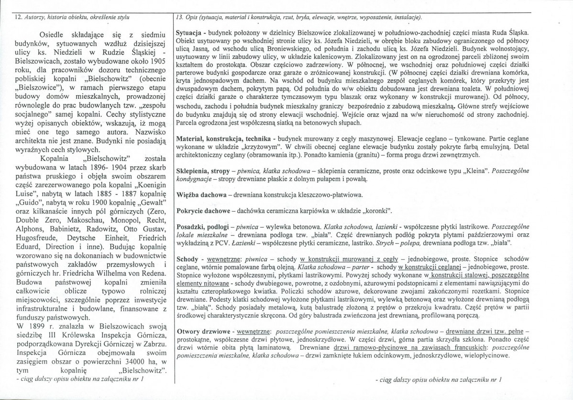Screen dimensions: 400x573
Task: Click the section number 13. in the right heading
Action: pos(180,17)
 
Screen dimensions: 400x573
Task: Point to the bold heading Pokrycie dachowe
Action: pos(202,211)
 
